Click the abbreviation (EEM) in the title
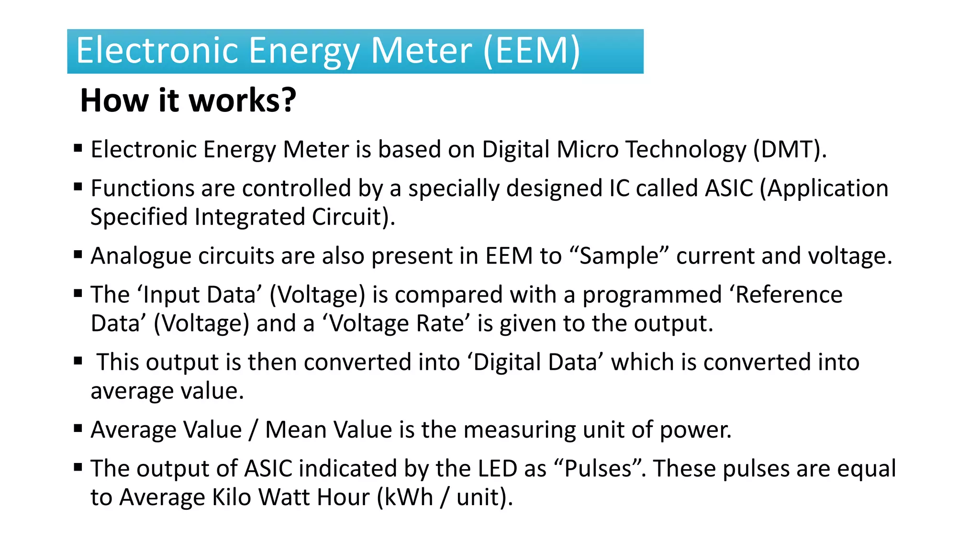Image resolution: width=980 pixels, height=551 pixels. [x=532, y=51]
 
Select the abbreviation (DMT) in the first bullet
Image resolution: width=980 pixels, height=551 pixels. [x=790, y=149]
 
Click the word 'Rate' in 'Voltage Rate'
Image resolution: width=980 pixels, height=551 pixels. [x=440, y=324]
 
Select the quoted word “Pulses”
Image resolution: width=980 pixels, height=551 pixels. [x=598, y=468]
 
